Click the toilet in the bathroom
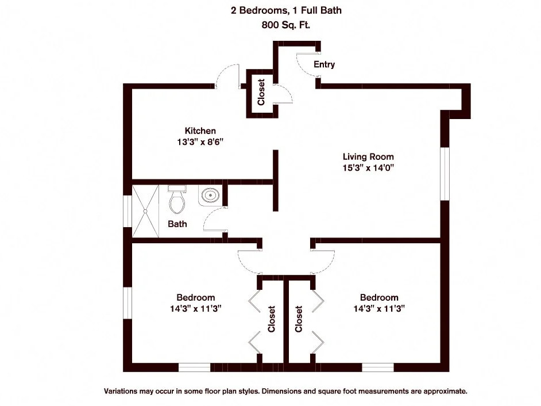pyautogui.click(x=177, y=199)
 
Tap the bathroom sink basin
pyautogui.click(x=211, y=196)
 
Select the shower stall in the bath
pyautogui.click(x=147, y=210)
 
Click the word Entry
pyautogui.click(x=324, y=64)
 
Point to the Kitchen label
pyautogui.click(x=200, y=131)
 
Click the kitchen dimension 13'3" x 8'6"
pyautogui.click(x=200, y=142)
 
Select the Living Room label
pyautogui.click(x=368, y=156)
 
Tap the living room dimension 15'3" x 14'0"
pyautogui.click(x=368, y=168)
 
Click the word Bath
pyautogui.click(x=177, y=224)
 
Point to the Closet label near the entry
pyautogui.click(x=261, y=92)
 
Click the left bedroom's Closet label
pyautogui.click(x=272, y=319)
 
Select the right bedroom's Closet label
pyautogui.click(x=299, y=319)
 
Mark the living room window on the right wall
pyautogui.click(x=444, y=174)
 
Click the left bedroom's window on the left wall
pyautogui.click(x=128, y=302)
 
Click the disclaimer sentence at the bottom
pyautogui.click(x=285, y=391)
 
